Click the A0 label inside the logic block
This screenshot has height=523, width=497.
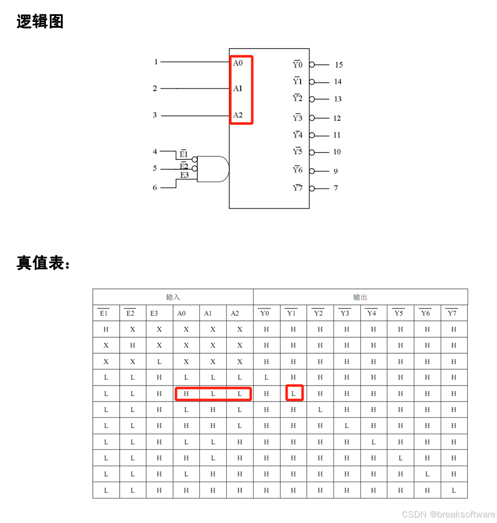[x=238, y=63]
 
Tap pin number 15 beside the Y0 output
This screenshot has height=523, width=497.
[x=338, y=65]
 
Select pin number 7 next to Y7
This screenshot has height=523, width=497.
[x=336, y=188]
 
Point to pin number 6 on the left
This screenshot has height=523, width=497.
[x=155, y=188]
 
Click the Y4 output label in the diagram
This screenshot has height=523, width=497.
[x=298, y=135]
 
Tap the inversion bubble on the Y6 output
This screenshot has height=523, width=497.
[x=312, y=171]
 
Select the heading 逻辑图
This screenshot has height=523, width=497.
[x=40, y=22]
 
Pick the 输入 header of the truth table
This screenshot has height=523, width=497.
[x=173, y=297]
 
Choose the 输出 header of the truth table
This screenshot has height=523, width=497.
[x=360, y=297]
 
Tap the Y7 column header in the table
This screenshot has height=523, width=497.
[x=452, y=313]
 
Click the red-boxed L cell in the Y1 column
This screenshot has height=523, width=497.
[x=294, y=393]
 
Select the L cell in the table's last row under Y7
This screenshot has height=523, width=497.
[x=454, y=490]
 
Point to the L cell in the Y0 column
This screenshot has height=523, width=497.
[x=266, y=378]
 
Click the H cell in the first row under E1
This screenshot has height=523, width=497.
[x=106, y=329]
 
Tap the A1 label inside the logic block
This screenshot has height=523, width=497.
[x=238, y=89]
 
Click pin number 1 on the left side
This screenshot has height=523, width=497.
[x=156, y=62]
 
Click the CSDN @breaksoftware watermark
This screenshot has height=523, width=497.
[x=448, y=514]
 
